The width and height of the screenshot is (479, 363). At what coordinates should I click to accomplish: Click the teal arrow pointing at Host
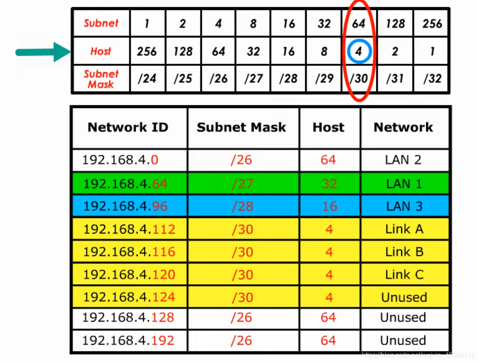click(x=42, y=52)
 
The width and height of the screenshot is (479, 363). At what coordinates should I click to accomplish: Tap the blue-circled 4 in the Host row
click(x=358, y=52)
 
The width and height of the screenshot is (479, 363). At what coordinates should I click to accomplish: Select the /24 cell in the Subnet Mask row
click(x=147, y=78)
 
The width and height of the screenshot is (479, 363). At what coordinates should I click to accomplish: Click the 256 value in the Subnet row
click(x=432, y=23)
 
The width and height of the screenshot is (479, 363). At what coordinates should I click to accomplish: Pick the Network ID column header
click(x=128, y=127)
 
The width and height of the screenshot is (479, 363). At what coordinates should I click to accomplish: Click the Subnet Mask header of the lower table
click(x=241, y=127)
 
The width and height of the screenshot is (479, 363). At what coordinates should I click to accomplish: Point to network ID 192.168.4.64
click(x=125, y=184)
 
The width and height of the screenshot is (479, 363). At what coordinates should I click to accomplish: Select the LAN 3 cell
click(x=404, y=206)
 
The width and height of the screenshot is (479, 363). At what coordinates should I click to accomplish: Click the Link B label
click(x=404, y=252)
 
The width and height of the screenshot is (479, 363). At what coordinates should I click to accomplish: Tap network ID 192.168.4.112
click(x=129, y=229)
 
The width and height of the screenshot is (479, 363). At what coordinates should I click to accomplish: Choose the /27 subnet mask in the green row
click(x=242, y=184)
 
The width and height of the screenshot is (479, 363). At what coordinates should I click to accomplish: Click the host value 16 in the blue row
click(x=329, y=206)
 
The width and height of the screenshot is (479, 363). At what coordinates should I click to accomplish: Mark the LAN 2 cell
click(x=403, y=160)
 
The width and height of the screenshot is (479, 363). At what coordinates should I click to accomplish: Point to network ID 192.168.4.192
click(x=128, y=341)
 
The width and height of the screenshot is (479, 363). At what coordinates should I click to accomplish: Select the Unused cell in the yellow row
click(x=404, y=297)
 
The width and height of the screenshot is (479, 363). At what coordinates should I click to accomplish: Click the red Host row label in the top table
click(x=101, y=52)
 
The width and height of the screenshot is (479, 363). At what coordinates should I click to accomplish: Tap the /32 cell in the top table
click(x=432, y=78)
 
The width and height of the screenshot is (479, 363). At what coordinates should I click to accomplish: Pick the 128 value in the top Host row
click(x=183, y=52)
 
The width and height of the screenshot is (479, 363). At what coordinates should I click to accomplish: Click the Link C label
click(x=404, y=275)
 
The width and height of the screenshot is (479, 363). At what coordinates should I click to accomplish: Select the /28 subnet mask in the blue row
click(x=242, y=206)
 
